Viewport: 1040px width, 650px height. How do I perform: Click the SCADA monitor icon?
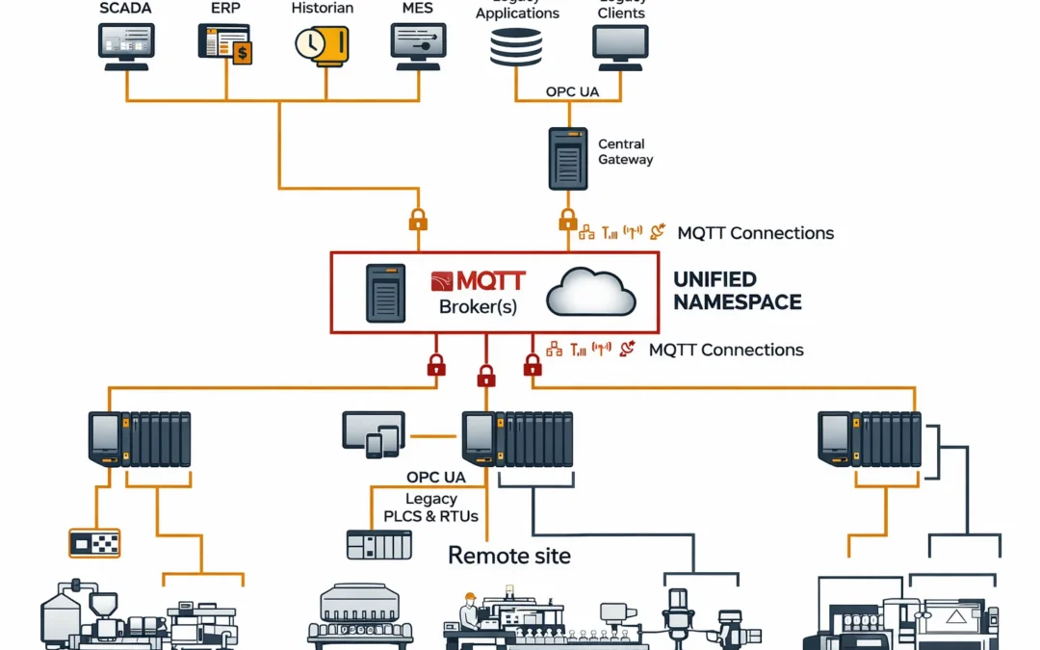point(125,44)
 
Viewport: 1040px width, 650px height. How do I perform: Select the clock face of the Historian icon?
point(311,43)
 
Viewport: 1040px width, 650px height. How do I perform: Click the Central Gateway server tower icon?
point(568,158)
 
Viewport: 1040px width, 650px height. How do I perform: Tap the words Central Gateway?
point(625,152)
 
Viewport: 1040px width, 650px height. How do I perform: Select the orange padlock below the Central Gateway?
point(568,221)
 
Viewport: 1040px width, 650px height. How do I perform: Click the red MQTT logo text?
point(478,281)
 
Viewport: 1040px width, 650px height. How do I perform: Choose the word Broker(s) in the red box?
point(478,307)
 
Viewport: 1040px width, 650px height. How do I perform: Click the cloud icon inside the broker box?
point(590,293)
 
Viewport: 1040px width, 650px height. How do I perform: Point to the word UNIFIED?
point(715,279)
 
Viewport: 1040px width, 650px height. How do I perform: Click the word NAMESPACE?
point(737,302)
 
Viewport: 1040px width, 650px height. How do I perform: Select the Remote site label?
point(509,556)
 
